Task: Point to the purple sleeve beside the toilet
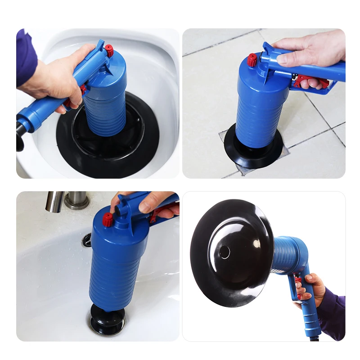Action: click(26, 56)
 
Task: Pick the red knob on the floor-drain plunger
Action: click(252, 59)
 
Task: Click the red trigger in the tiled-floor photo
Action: click(310, 81)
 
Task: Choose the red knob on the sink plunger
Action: click(108, 220)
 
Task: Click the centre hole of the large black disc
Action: click(225, 252)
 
